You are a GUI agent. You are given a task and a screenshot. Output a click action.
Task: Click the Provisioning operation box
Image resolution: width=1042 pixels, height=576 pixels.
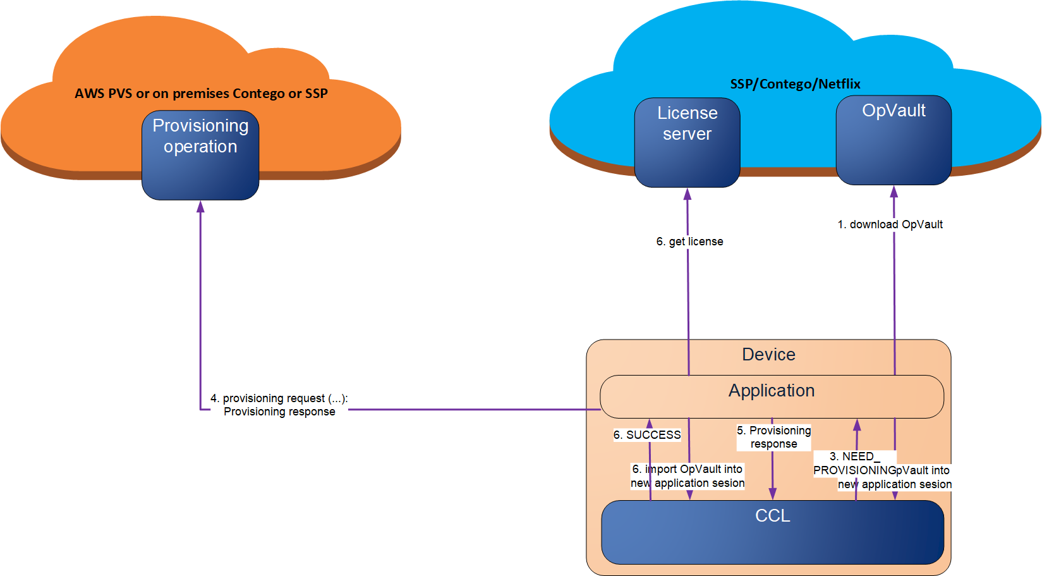point(200,156)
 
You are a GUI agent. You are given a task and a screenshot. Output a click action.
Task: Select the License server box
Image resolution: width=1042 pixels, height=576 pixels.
point(687,143)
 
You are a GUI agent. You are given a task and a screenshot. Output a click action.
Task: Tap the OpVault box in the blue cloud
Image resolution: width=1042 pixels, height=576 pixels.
point(894,140)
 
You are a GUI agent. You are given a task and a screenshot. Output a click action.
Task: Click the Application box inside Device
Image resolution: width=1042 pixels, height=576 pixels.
point(772,396)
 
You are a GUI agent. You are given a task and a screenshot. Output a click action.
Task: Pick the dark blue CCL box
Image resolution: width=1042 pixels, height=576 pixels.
point(772,532)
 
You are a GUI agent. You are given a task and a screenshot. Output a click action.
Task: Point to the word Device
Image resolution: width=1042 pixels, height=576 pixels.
point(768,355)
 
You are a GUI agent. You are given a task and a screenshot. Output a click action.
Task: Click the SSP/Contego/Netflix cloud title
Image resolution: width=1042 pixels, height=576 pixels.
point(795,84)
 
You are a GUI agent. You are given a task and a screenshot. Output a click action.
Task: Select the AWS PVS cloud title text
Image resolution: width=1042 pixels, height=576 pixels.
point(201,94)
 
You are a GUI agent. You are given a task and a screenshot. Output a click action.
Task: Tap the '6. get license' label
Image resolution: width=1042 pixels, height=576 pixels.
point(689,242)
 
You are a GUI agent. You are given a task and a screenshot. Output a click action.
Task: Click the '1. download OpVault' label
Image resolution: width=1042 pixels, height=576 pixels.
point(890,224)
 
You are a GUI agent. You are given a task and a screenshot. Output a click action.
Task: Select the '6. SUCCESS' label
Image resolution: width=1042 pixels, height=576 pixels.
point(647,435)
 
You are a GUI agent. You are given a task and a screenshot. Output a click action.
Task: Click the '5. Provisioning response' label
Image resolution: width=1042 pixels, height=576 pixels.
point(773,437)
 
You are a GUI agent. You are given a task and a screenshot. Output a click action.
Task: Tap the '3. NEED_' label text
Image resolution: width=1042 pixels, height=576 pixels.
point(854,457)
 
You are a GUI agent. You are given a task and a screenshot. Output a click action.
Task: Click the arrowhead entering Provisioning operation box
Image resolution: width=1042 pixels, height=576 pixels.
point(200,206)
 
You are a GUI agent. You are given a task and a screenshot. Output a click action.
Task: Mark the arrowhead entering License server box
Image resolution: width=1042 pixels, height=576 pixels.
point(688,193)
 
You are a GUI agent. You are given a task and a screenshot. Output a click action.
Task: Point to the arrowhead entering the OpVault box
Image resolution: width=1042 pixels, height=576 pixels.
point(894,191)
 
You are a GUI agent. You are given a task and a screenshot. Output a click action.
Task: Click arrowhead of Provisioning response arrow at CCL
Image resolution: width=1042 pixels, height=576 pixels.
point(772,494)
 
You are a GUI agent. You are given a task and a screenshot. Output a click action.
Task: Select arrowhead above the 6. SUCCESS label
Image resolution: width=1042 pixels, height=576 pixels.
point(649,424)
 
